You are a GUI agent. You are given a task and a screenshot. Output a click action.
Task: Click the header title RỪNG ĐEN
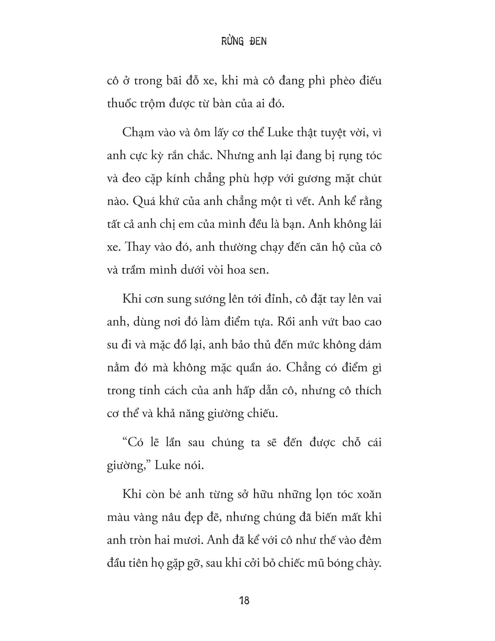[x=244, y=41]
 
